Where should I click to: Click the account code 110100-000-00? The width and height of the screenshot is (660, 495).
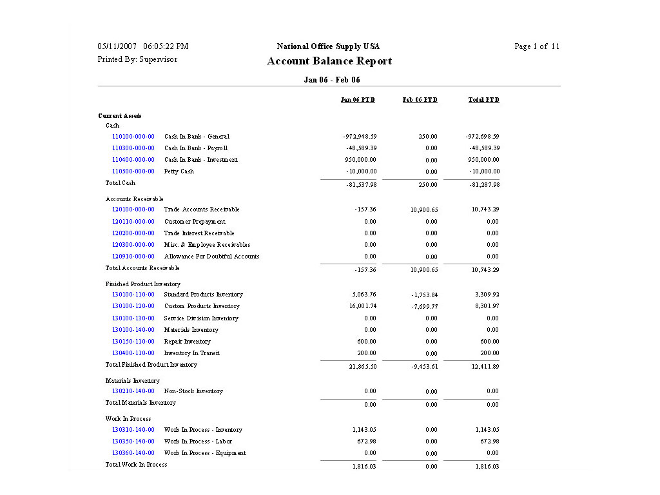point(133,137)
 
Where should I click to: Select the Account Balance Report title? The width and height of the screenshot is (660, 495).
point(329,61)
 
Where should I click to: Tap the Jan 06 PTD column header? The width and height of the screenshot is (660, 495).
point(358,100)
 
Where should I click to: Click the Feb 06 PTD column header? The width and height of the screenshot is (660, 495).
point(420,100)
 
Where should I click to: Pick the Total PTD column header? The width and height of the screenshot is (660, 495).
point(483,100)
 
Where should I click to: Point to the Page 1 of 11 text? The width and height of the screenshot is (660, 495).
point(537,46)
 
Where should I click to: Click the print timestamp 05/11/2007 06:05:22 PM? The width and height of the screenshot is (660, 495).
point(143,46)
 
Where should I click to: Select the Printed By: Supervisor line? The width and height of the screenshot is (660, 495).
point(137,59)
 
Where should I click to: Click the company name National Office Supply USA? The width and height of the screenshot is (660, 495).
point(328,46)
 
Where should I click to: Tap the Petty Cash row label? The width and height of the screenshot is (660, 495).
point(179,171)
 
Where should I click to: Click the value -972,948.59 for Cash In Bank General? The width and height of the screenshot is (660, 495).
point(360,137)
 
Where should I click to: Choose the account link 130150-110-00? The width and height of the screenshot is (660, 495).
point(133,342)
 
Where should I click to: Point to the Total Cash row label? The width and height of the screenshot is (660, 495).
point(121,183)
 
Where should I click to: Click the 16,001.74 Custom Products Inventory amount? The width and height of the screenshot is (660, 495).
point(363,306)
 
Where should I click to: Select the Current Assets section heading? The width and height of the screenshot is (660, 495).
point(120,116)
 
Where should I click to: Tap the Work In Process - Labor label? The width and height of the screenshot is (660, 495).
point(198,442)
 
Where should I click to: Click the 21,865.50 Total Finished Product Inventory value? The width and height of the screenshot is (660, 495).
point(363,367)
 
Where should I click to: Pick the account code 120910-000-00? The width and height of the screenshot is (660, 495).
point(133,257)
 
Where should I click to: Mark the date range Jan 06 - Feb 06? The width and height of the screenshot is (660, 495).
point(332,80)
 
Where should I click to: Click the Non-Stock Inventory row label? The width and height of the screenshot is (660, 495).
point(193,391)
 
